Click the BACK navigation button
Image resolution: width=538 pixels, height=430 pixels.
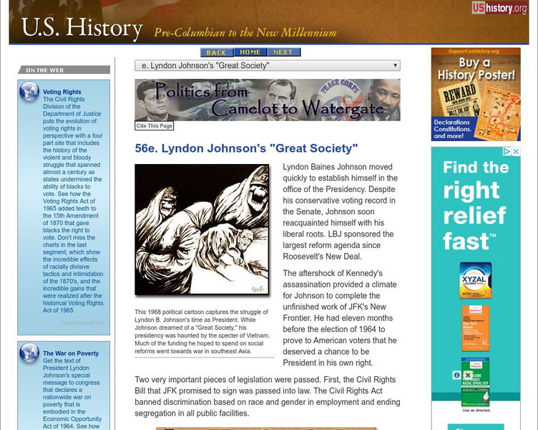pos(215,52)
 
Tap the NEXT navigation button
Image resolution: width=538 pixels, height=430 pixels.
pos(283,52)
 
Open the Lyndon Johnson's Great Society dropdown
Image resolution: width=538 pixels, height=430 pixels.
pos(268,66)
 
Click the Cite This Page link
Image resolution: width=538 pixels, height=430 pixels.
pos(155,125)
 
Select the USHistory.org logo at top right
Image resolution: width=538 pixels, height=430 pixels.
pos(499,9)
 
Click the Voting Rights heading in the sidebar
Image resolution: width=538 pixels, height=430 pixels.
pos(62,92)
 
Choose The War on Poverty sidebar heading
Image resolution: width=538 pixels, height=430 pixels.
pos(71,353)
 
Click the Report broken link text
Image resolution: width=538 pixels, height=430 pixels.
pos(82,323)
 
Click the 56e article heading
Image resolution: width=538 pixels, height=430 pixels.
pos(246,149)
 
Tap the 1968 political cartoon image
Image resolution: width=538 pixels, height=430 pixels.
pos(202,229)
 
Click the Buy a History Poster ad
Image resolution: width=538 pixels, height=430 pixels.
pos(476,94)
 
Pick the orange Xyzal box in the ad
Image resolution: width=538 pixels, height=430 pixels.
pos(476,280)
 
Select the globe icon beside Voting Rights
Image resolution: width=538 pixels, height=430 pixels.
pos(29,91)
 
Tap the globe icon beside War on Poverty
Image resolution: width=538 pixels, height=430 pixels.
pos(29,353)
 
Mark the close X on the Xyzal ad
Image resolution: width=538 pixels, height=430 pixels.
pos(517,152)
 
